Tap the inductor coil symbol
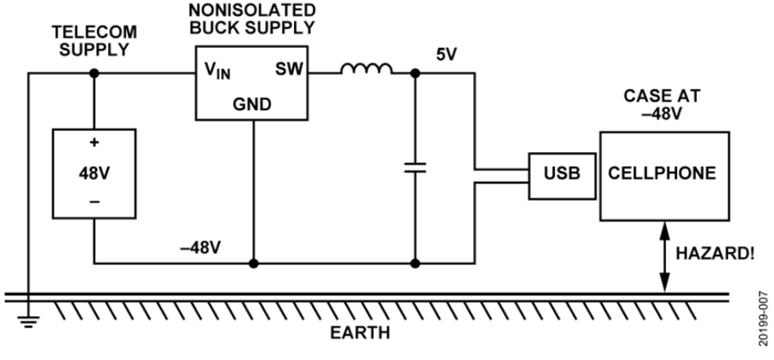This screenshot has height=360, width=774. coord(366,72)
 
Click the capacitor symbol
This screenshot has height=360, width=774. coord(414,167)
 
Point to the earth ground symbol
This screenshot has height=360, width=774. coord(28,320)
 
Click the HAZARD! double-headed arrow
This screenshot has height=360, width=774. coord(664,257)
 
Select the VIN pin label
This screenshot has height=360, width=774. coord(218,73)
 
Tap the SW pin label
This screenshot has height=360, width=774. coord(288,71)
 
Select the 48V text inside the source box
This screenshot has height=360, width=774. coord(94,173)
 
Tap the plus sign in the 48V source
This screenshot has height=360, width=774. coord(94,145)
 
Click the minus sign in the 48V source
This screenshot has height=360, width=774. coord(94,202)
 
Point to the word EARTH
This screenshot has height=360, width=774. coord(359,332)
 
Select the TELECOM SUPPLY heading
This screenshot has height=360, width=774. coord(94,40)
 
